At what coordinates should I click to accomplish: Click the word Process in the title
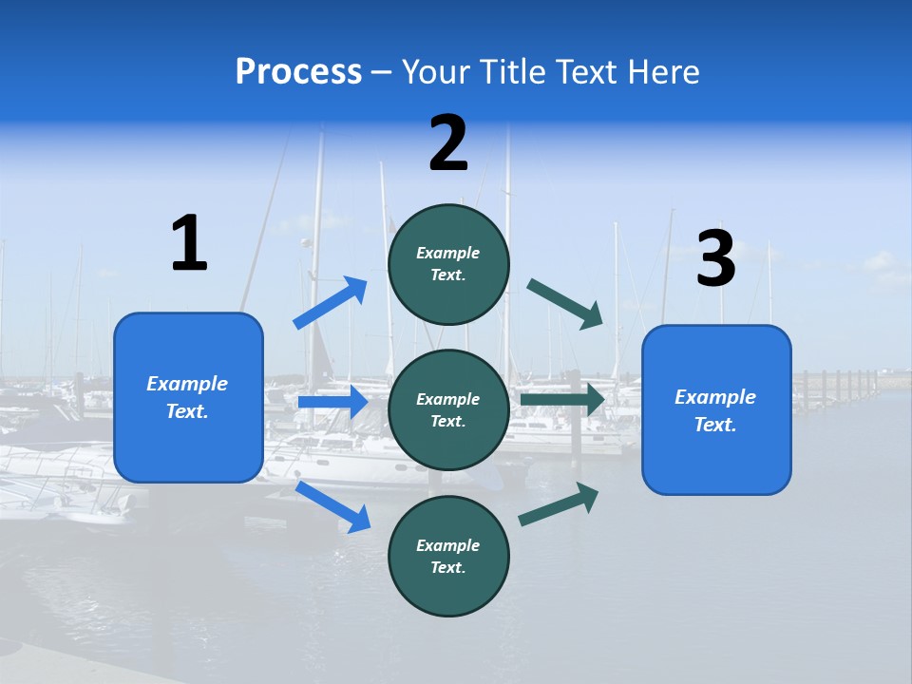[298, 72]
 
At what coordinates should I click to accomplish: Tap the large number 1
[189, 243]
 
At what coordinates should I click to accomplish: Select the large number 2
[448, 143]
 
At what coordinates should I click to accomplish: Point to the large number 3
[715, 258]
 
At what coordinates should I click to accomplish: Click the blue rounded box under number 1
[188, 397]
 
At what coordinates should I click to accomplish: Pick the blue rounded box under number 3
[716, 409]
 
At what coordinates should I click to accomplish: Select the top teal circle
[448, 263]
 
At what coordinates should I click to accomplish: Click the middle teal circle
[448, 409]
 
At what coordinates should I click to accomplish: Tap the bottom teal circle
[448, 556]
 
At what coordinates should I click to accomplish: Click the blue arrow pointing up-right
[331, 302]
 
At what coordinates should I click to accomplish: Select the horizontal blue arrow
[332, 402]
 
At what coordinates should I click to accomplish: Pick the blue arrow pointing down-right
[332, 506]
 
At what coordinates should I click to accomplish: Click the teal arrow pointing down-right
[565, 303]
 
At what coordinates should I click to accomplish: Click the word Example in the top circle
[448, 253]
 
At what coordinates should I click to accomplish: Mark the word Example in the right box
[715, 397]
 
